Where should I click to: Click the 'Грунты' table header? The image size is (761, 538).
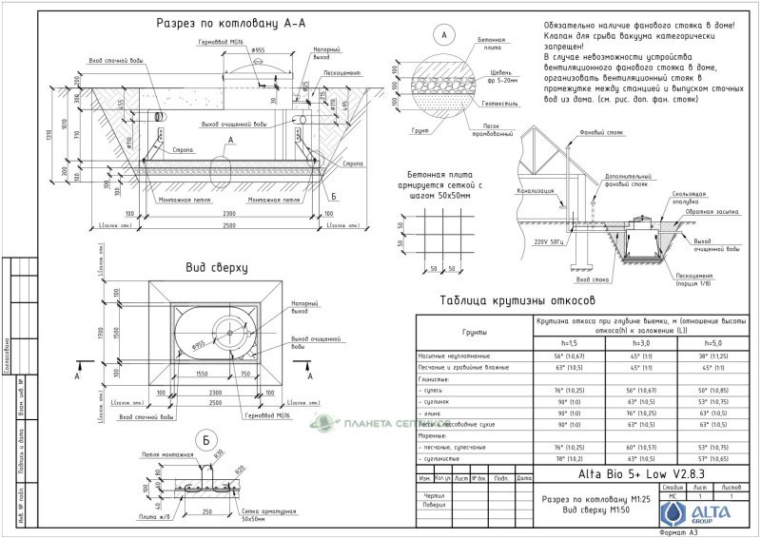[475, 333]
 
